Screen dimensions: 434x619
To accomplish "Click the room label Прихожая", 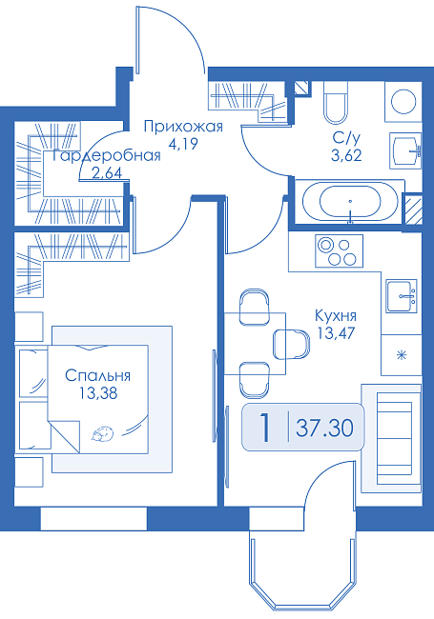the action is tap(183, 127).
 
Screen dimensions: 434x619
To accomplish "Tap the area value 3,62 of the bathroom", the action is tap(346, 156).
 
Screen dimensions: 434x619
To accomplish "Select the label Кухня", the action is tap(336, 316).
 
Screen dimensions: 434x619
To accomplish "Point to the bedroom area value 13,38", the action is tap(98, 393).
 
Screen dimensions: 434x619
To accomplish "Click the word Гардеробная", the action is tap(106, 155).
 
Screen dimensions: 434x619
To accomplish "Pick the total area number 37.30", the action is tap(324, 428).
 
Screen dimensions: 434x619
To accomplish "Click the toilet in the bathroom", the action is tap(336, 102).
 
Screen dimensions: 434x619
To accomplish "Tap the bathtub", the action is tap(350, 201).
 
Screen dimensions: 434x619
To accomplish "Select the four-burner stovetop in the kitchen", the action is tap(339, 250).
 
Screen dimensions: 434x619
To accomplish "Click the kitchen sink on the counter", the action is tap(402, 296).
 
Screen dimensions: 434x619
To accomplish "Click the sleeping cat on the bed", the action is tap(103, 433).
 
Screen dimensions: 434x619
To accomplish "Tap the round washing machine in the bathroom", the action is tap(403, 102).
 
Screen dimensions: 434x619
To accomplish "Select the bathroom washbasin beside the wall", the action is tap(405, 150).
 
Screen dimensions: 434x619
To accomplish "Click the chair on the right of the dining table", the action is tap(292, 344).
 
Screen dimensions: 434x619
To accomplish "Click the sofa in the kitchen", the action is tap(391, 438).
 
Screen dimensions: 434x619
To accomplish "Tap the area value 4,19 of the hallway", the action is tap(182, 144).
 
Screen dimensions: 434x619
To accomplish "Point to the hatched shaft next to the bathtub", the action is tap(412, 209).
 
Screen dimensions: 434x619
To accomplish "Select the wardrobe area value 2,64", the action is tap(107, 173).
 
